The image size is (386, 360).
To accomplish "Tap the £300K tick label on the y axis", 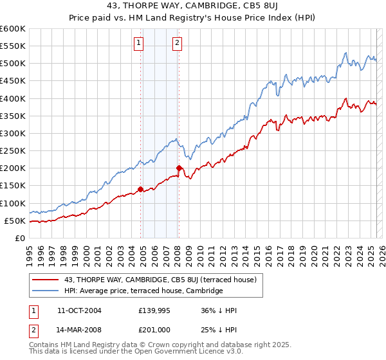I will point(12,133).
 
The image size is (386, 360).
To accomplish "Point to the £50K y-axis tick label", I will point(14,221).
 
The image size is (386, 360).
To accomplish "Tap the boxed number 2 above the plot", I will point(177,44).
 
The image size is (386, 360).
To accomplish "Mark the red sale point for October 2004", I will point(140,189).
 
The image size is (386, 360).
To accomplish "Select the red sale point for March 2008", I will point(179,168).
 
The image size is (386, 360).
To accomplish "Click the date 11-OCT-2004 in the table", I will point(79,310).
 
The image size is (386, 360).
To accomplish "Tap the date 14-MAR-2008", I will point(79,330).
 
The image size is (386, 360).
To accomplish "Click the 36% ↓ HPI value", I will point(219,310).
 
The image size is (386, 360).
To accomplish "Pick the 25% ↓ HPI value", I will point(219,330).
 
